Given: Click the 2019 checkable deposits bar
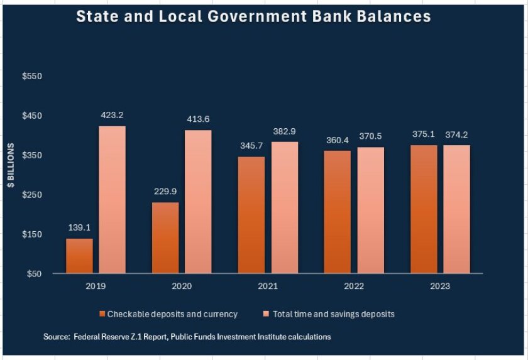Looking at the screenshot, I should (79, 256).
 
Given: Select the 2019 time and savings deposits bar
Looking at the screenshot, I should (112, 200).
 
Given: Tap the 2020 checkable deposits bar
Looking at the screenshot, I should (165, 237).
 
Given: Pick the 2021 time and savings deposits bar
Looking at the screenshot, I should (284, 207).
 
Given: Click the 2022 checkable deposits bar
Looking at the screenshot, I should (338, 212).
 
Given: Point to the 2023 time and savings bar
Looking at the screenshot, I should (456, 209).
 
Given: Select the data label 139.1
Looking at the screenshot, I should (79, 228).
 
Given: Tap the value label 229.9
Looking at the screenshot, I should (165, 192).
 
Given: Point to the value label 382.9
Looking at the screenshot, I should (284, 131).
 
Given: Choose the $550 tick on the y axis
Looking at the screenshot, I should (31, 77).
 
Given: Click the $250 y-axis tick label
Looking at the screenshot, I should (31, 195).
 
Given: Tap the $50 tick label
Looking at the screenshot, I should (33, 274).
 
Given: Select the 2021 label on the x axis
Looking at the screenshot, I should (267, 286).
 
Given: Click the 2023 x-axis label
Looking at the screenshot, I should (440, 286).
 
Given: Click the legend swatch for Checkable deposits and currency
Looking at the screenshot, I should (102, 314).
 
